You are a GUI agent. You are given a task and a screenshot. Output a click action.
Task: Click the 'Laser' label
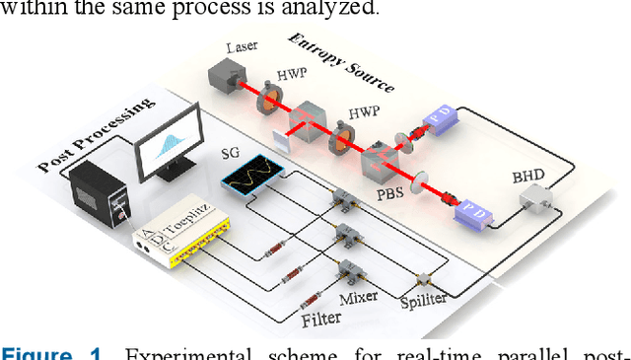(x=242, y=46)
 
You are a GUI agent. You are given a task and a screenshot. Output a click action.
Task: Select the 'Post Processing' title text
(x=94, y=135)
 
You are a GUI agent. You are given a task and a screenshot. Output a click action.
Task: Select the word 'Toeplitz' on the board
(x=191, y=230)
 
